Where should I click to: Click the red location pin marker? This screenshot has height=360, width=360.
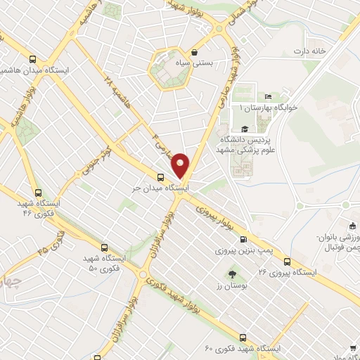(x=181, y=166)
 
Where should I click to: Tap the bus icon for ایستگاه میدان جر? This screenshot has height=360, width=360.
(x=161, y=177)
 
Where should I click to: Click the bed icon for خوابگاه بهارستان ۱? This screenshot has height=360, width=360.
(x=268, y=97)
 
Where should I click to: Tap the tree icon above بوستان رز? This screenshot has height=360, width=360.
(x=232, y=274)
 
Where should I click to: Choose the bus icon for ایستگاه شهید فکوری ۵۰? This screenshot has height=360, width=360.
(x=105, y=247)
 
